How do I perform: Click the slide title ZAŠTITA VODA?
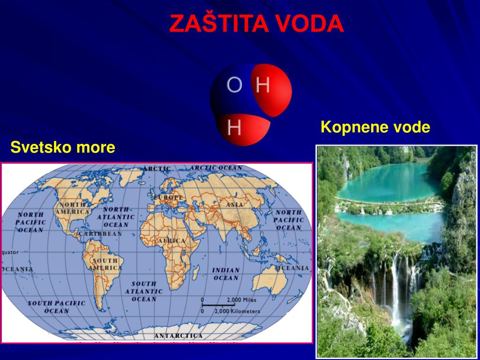[x=256, y=24]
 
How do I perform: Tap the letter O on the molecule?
[x=234, y=85]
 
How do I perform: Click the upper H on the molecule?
[x=263, y=85]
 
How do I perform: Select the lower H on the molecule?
[x=234, y=127]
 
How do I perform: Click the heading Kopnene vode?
[x=375, y=127]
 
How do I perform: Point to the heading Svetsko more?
[x=63, y=148]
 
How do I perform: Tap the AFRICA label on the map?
[x=172, y=240]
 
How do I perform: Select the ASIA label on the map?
[x=235, y=205]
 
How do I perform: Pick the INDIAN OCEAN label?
[x=226, y=274]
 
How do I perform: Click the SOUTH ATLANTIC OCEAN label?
[x=144, y=291]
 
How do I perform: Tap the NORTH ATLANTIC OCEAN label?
[x=116, y=217]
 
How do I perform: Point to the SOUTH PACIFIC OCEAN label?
[x=57, y=307]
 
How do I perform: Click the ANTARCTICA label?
[x=179, y=336]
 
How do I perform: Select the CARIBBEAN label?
[x=100, y=233]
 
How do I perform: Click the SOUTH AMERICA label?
[x=105, y=264]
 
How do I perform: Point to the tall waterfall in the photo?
[x=395, y=291]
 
